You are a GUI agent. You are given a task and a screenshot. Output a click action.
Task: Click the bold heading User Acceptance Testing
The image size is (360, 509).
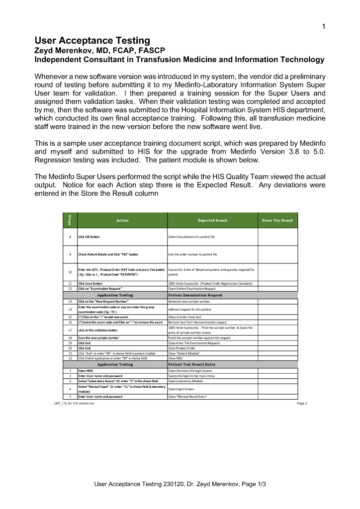[92, 40]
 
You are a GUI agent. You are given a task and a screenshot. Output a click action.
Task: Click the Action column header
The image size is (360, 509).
[122, 220]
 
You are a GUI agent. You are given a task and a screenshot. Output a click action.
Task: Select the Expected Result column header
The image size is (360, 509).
[212, 220]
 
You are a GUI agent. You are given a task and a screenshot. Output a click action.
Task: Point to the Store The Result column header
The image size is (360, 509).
[277, 220]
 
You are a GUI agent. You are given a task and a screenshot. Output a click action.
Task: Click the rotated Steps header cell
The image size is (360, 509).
[70, 220]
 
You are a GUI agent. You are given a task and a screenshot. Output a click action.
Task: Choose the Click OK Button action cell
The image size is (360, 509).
[89, 237]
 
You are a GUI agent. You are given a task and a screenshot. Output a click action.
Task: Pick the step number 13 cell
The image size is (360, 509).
[70, 301]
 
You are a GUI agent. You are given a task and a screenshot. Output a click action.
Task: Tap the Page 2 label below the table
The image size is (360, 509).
[301, 403]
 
